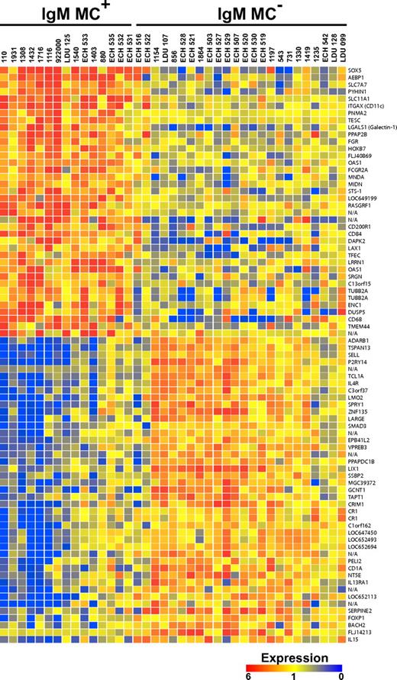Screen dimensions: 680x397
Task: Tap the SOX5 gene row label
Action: pyautogui.click(x=354, y=69)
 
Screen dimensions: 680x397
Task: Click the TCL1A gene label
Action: pyautogui.click(x=356, y=376)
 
